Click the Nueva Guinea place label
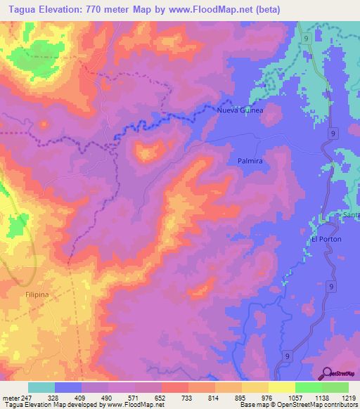pos(240,111)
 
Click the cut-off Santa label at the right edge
pos(351,214)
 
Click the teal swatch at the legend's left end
pos(41,387)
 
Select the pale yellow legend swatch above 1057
pos(281,387)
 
